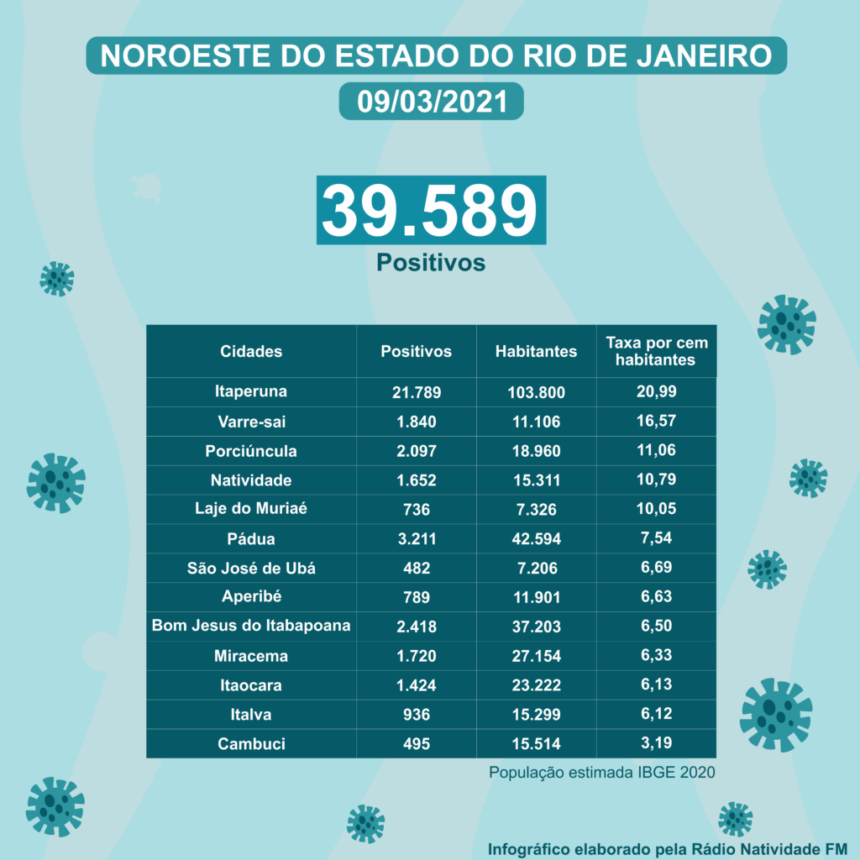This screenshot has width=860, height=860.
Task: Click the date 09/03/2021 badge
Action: pyautogui.click(x=431, y=101)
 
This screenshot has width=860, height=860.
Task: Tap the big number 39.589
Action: pyautogui.click(x=430, y=210)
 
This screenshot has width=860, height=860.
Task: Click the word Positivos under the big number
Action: pyautogui.click(x=430, y=263)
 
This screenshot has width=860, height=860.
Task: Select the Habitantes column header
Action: pyautogui.click(x=536, y=351)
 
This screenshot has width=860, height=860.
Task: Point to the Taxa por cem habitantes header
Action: pyautogui.click(x=656, y=351)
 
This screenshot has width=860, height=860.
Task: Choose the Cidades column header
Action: pyautogui.click(x=251, y=351)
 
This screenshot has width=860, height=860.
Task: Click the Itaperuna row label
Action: pyautogui.click(x=251, y=391)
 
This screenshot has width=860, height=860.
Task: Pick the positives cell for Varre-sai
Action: pyautogui.click(x=417, y=422)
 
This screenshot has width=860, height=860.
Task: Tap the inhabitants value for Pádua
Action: pyautogui.click(x=536, y=538)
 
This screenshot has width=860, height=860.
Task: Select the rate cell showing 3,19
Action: pyautogui.click(x=658, y=743)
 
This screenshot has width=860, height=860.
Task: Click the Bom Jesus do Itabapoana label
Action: pyautogui.click(x=251, y=626)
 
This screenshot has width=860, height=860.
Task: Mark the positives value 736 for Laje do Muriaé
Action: pyautogui.click(x=417, y=509)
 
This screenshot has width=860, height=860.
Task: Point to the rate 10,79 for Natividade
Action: pyautogui.click(x=658, y=480)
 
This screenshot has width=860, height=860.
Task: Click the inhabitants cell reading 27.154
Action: pyautogui.click(x=536, y=655)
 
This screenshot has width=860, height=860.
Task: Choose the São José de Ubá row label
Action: pyautogui.click(x=251, y=568)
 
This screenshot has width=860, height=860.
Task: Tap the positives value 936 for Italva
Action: pyautogui.click(x=417, y=714)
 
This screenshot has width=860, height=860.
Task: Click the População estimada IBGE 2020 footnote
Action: pyautogui.click(x=602, y=771)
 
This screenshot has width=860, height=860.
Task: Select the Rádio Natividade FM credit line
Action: pyautogui.click(x=668, y=846)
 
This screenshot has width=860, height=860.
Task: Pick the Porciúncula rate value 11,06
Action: pyautogui.click(x=658, y=450)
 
